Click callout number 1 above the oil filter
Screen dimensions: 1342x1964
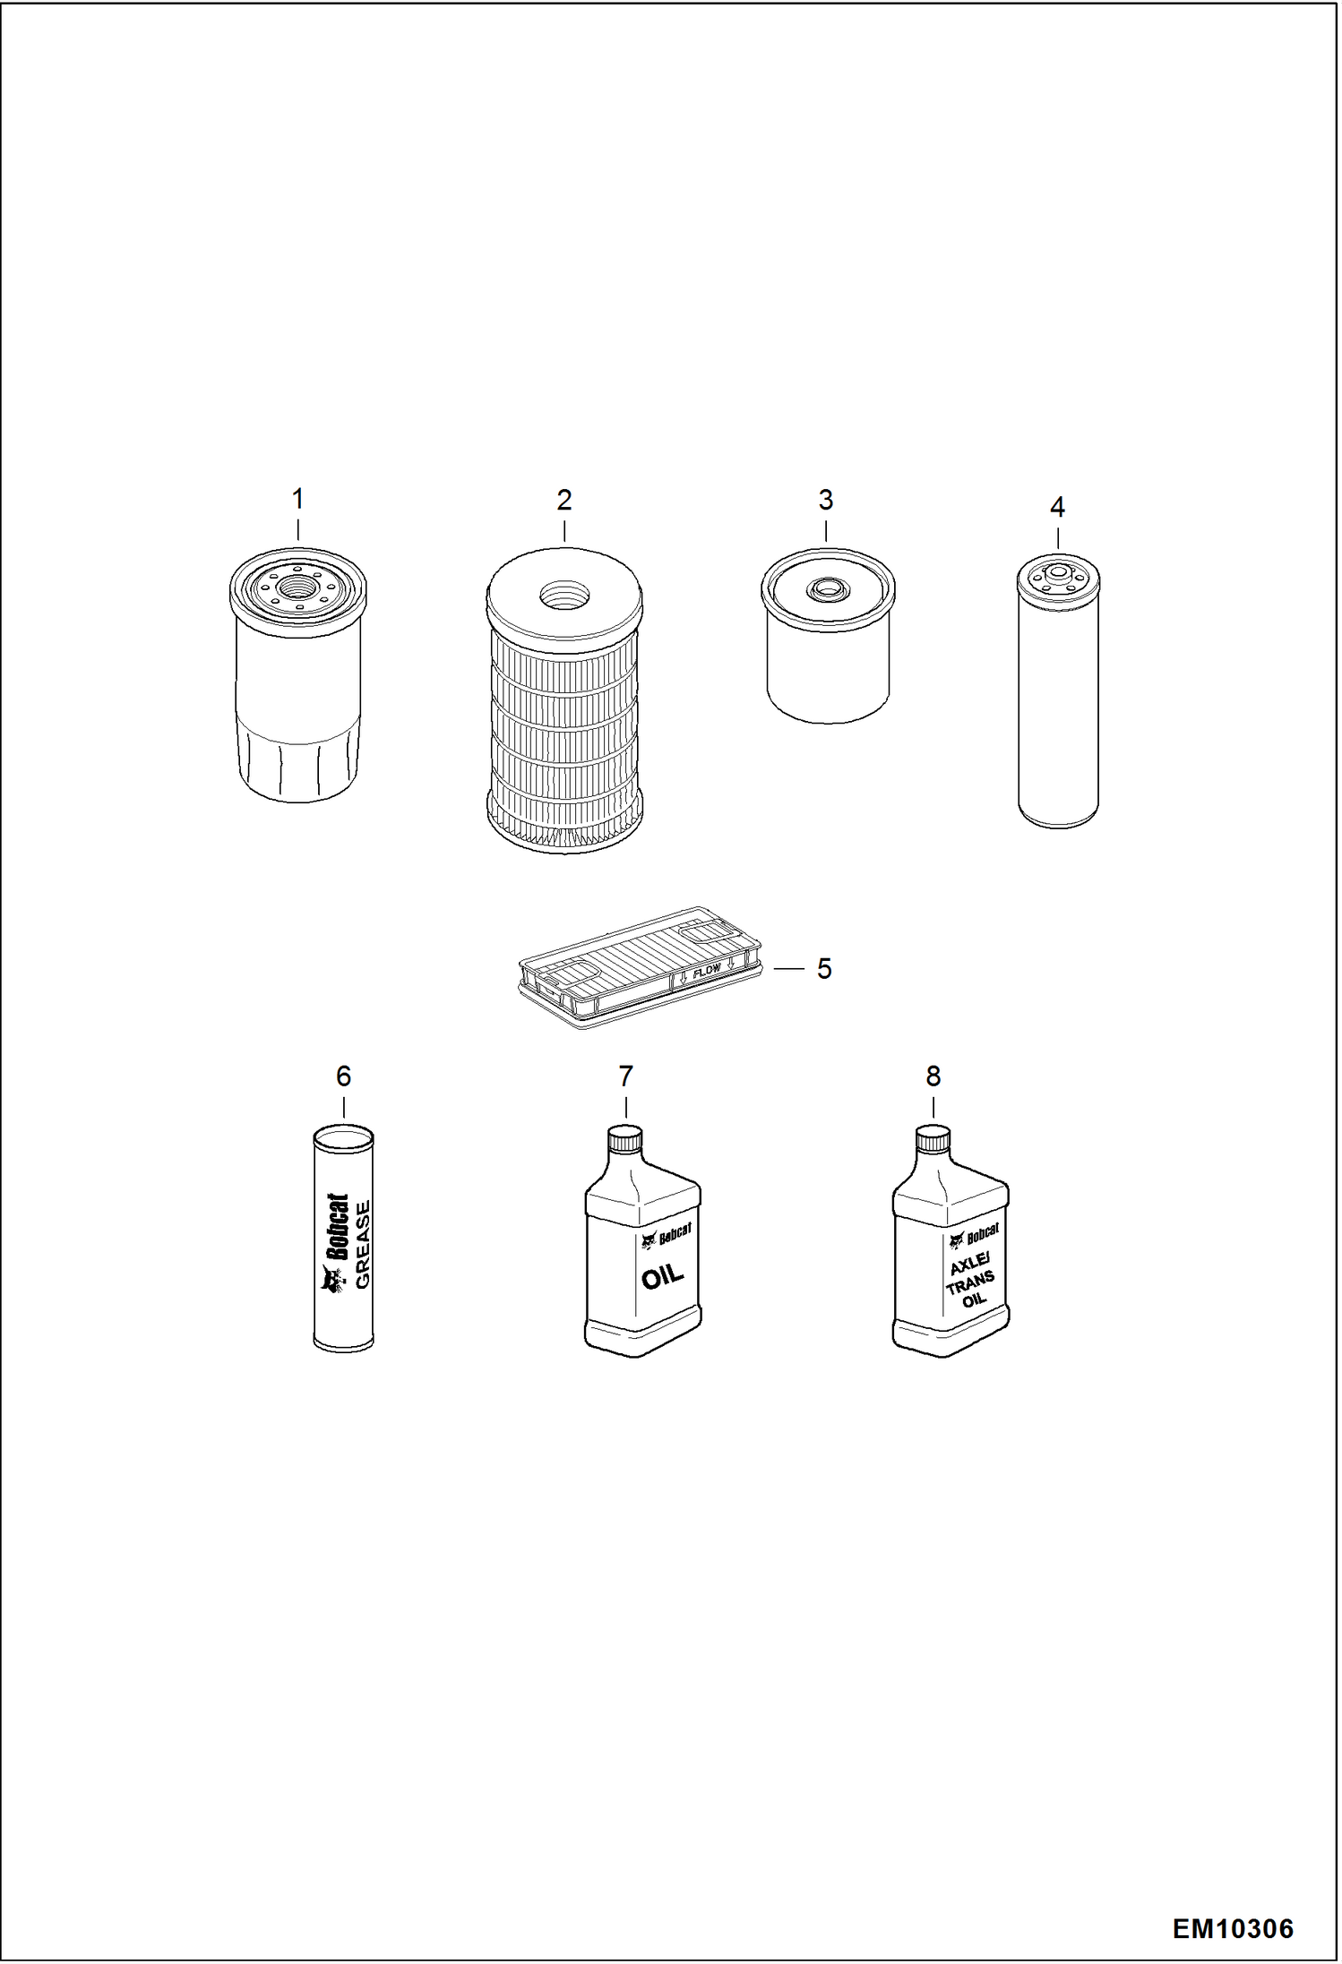pos(298,499)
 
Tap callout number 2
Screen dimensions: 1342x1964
pos(563,500)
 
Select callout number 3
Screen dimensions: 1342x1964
pos(826,500)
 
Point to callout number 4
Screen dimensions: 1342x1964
pos(1057,508)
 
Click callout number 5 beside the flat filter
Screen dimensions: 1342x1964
pos(824,968)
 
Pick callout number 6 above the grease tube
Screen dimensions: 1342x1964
pos(343,1076)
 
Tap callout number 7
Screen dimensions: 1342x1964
pos(625,1076)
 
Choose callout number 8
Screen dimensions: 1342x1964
pos(933,1076)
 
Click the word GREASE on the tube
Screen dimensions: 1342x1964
pos(362,1244)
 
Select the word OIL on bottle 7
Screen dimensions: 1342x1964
pos(663,1274)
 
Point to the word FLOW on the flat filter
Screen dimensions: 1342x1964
pos(708,969)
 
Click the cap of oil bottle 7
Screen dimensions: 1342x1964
pos(625,1139)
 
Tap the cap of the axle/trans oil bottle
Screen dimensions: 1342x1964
pos(933,1139)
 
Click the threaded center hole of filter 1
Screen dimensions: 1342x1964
pos(298,587)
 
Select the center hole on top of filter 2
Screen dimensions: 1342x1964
pos(564,594)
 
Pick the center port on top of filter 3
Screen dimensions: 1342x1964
pos(826,589)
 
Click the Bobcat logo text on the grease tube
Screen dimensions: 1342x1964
pos(337,1227)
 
